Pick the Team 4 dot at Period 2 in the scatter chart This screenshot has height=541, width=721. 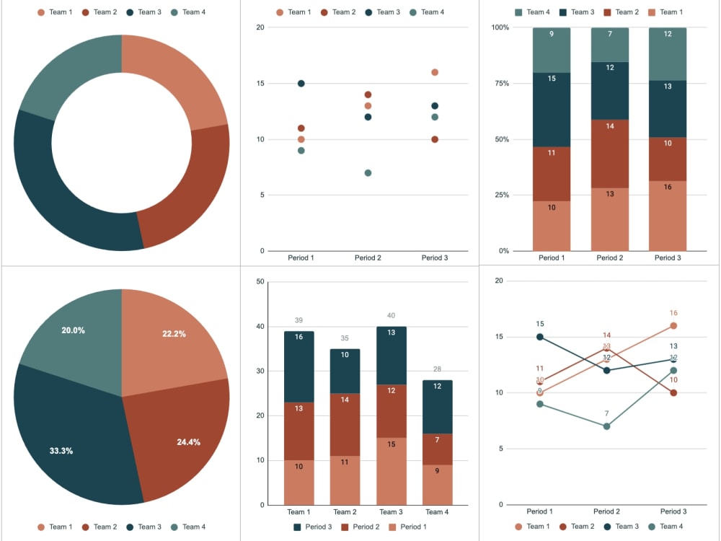coord(368,173)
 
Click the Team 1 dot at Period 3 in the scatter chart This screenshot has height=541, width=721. coord(435,72)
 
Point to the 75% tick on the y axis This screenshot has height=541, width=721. coord(500,84)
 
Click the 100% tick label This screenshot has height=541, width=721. coord(500,27)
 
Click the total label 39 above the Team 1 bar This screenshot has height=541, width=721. coord(298,320)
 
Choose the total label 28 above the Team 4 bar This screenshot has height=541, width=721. coord(437,369)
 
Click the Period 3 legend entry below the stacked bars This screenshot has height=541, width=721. coord(316,527)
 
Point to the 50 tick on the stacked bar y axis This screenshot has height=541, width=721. coord(260,281)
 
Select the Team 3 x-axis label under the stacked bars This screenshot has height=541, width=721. coord(391,512)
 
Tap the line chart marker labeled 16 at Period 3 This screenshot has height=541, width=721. coord(673,326)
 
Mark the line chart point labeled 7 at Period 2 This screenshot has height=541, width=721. coord(607,426)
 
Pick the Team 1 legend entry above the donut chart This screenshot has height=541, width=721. coord(54,12)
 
